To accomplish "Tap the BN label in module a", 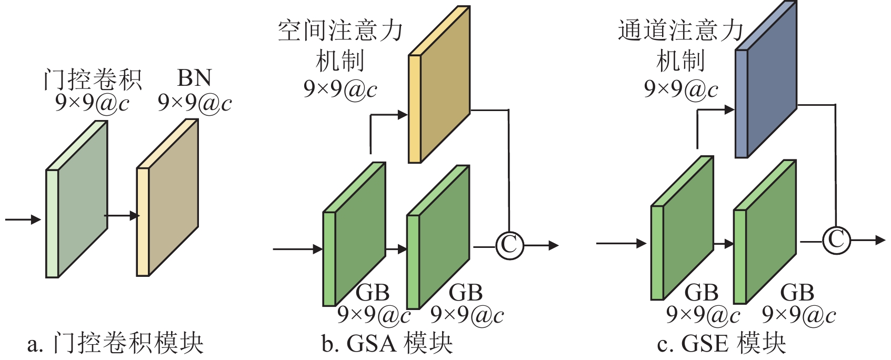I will (x=194, y=78).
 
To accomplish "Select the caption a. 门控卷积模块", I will (x=115, y=344).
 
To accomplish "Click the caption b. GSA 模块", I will (x=387, y=344).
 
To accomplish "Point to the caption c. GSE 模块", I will (x=722, y=344).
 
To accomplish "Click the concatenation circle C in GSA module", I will (x=509, y=245).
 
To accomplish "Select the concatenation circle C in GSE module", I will (x=836, y=240).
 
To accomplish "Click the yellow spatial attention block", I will (x=439, y=84).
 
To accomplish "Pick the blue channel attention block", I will (x=766, y=79).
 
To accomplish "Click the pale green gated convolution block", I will (x=77, y=199).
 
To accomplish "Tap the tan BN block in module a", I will (x=168, y=197).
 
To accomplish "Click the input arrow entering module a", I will (x=23, y=219).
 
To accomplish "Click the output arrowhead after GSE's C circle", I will (x=880, y=240).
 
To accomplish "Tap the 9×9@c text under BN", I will (x=194, y=102).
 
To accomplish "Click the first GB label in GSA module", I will (x=373, y=293).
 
